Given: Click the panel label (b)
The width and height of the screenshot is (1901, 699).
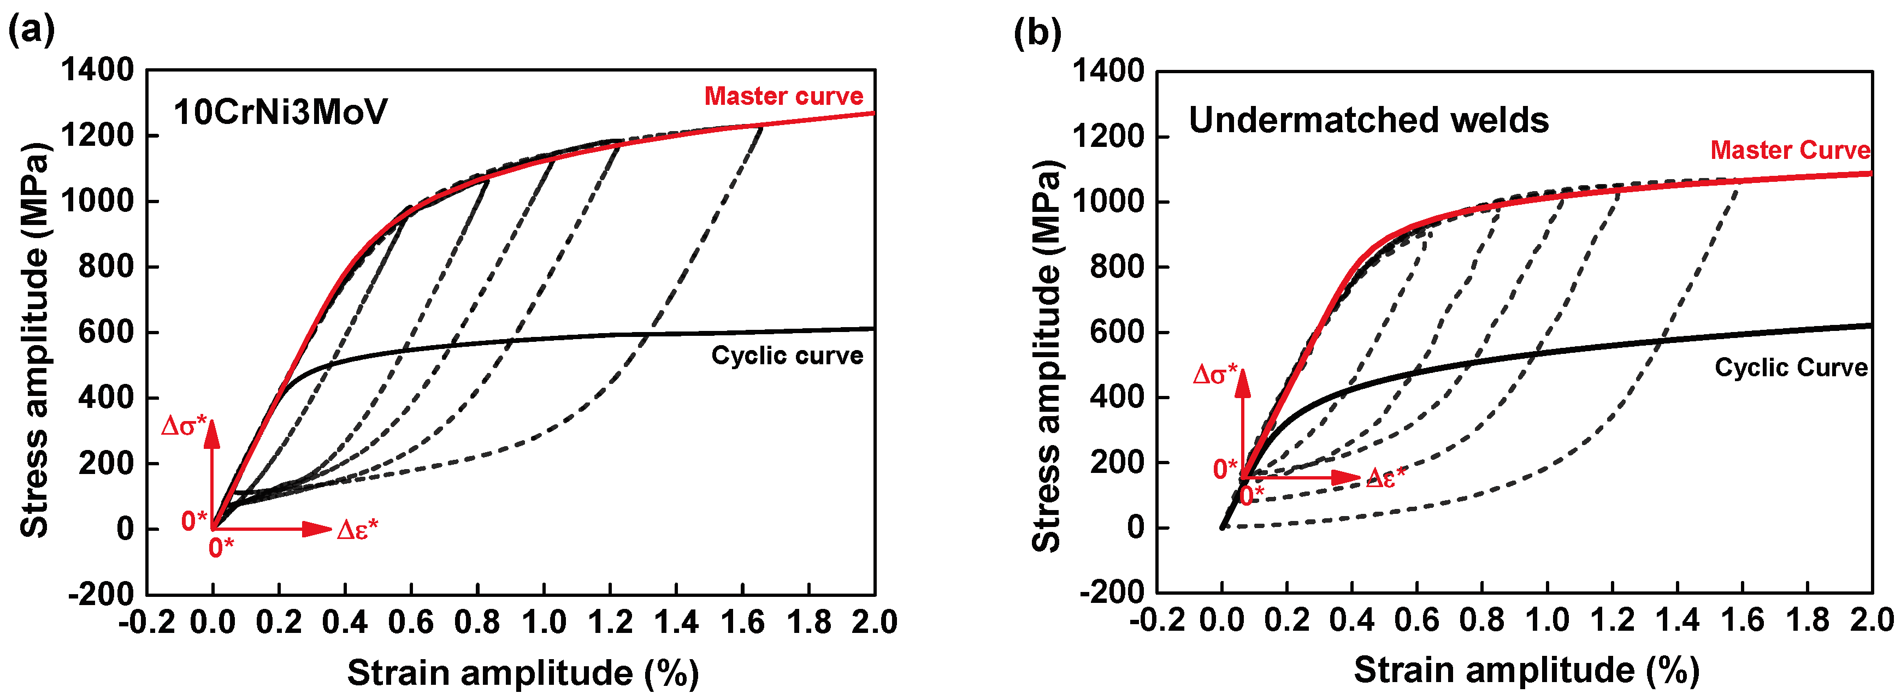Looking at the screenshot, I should tap(1037, 32).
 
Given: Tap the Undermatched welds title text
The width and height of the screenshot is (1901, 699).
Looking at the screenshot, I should tap(1368, 120).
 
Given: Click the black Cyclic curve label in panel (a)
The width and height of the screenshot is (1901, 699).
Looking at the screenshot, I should tap(787, 356).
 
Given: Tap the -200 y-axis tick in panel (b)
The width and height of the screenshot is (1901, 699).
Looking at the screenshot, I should tap(1111, 592).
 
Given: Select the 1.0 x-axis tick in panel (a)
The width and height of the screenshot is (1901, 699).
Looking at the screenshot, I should tap(544, 622).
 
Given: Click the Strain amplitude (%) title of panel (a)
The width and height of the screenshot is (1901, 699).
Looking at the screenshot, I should tap(522, 672).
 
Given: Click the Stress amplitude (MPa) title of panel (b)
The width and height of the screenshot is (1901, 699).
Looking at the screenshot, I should tap(1047, 356).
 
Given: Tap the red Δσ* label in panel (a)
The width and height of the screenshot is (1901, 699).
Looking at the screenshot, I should tap(183, 426).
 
